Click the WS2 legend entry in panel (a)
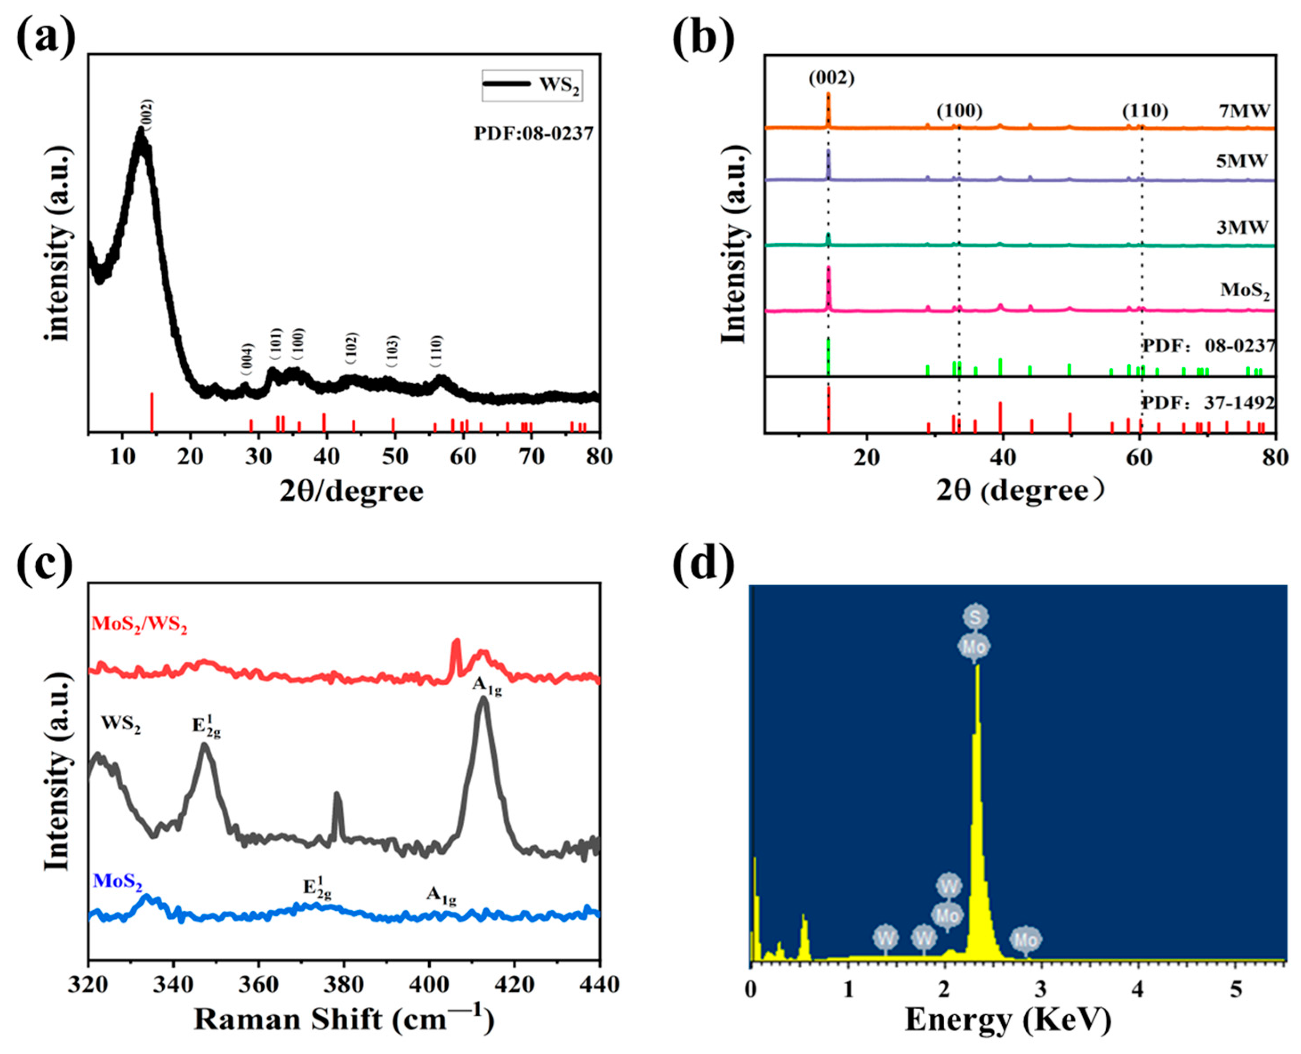(x=532, y=84)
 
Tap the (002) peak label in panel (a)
(x=146, y=113)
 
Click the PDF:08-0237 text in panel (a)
(x=533, y=133)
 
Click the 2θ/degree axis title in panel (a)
(x=352, y=491)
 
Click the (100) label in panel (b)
(x=959, y=111)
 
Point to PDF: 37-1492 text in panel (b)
(x=1209, y=402)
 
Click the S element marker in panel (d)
(x=976, y=617)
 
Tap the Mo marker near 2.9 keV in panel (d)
(x=1026, y=940)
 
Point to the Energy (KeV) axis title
(x=1008, y=1020)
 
